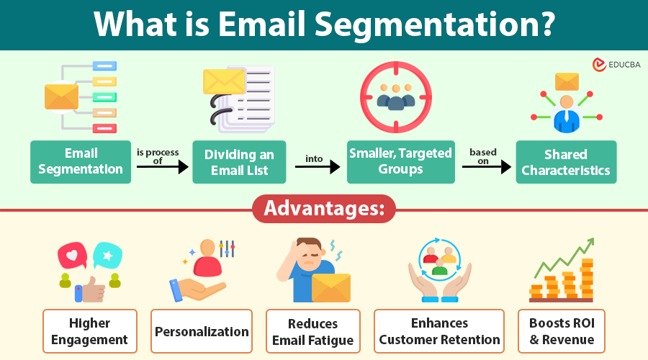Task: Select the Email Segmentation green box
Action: coord(81,161)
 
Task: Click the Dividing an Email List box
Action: coord(239,162)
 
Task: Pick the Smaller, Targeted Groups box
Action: coord(400,162)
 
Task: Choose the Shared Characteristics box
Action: coord(566,162)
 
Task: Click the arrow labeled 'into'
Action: coord(317,167)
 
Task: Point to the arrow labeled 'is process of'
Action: coord(162,167)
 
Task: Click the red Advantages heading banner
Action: coord(324,209)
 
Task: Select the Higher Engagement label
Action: coord(89,331)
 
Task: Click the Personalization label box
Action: coord(202,331)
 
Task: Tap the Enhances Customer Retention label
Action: coord(439,331)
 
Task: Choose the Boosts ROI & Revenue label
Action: coord(561,331)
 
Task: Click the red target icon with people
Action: coord(395,96)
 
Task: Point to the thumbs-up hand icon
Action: coord(89,289)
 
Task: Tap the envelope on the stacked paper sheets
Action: coord(225,82)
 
